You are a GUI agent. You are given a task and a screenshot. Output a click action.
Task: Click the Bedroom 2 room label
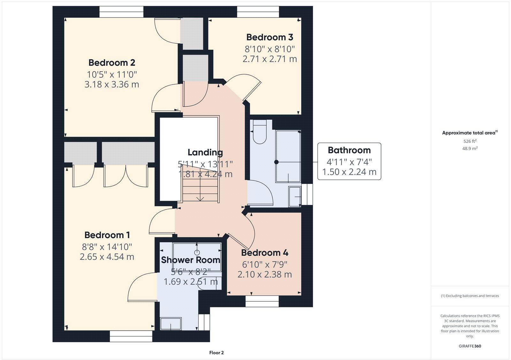click(112, 63)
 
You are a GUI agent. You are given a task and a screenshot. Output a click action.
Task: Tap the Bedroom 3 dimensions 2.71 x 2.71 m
click(270, 59)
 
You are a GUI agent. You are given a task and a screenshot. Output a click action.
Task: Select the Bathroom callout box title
click(349, 150)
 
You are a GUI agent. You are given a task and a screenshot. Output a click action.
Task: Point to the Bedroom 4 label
click(264, 253)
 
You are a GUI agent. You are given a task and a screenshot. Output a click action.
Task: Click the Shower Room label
click(190, 260)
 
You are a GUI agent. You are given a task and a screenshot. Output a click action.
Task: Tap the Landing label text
click(205, 153)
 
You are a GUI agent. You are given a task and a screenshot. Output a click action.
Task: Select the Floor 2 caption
click(217, 353)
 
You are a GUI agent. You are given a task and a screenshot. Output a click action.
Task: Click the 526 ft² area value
click(470, 141)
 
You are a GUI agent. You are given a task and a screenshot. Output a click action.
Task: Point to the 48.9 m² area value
click(470, 148)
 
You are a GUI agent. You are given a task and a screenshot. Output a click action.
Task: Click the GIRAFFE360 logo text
click(470, 346)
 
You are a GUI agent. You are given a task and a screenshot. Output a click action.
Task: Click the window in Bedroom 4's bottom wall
click(262, 301)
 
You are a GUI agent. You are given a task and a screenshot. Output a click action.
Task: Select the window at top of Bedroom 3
click(258, 12)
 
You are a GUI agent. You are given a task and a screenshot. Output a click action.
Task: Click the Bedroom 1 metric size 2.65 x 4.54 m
click(107, 257)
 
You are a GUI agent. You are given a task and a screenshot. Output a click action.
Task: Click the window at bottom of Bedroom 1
click(131, 336)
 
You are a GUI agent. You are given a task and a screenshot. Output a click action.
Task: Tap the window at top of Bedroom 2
click(121, 12)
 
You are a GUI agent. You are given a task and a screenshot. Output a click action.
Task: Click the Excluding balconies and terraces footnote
click(470, 296)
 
